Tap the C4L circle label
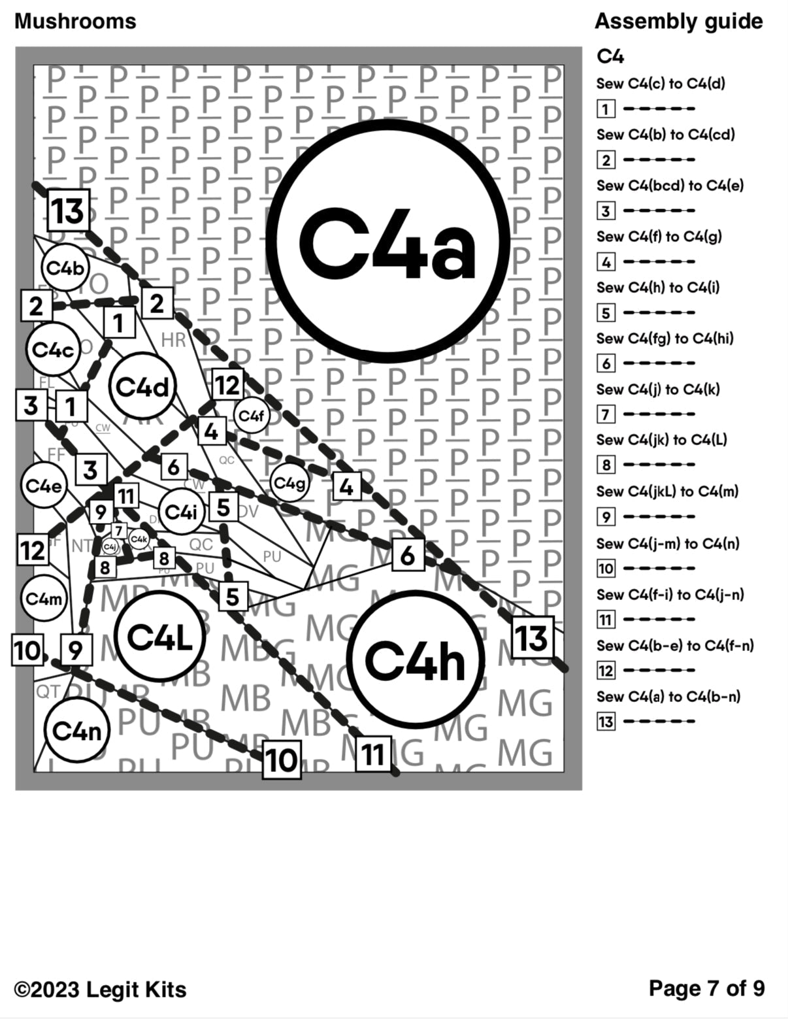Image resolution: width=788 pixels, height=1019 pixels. [160, 636]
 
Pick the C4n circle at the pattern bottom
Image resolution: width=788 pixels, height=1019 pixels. [77, 730]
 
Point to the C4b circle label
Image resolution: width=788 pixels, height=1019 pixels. [65, 267]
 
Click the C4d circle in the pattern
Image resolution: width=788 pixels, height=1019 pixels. [143, 386]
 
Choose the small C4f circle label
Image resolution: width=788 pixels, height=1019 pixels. [252, 415]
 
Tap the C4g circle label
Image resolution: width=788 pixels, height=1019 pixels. [289, 483]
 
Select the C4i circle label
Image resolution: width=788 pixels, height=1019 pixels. [181, 512]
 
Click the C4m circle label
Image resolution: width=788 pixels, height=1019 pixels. [44, 598]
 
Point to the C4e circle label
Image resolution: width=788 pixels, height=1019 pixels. [43, 486]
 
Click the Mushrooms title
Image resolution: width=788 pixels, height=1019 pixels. [75, 21]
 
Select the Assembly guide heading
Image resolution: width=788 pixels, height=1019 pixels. [678, 21]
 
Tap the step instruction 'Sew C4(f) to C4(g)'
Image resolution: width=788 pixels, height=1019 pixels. [659, 237]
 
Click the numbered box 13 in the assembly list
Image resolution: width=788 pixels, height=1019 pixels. [606, 722]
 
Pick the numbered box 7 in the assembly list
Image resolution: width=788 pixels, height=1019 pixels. [606, 414]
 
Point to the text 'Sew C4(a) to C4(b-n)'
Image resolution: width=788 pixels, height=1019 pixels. [668, 697]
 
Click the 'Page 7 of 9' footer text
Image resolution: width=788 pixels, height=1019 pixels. [706, 988]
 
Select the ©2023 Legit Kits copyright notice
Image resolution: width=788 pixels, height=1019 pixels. [100, 990]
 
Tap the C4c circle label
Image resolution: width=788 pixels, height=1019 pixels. [54, 349]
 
